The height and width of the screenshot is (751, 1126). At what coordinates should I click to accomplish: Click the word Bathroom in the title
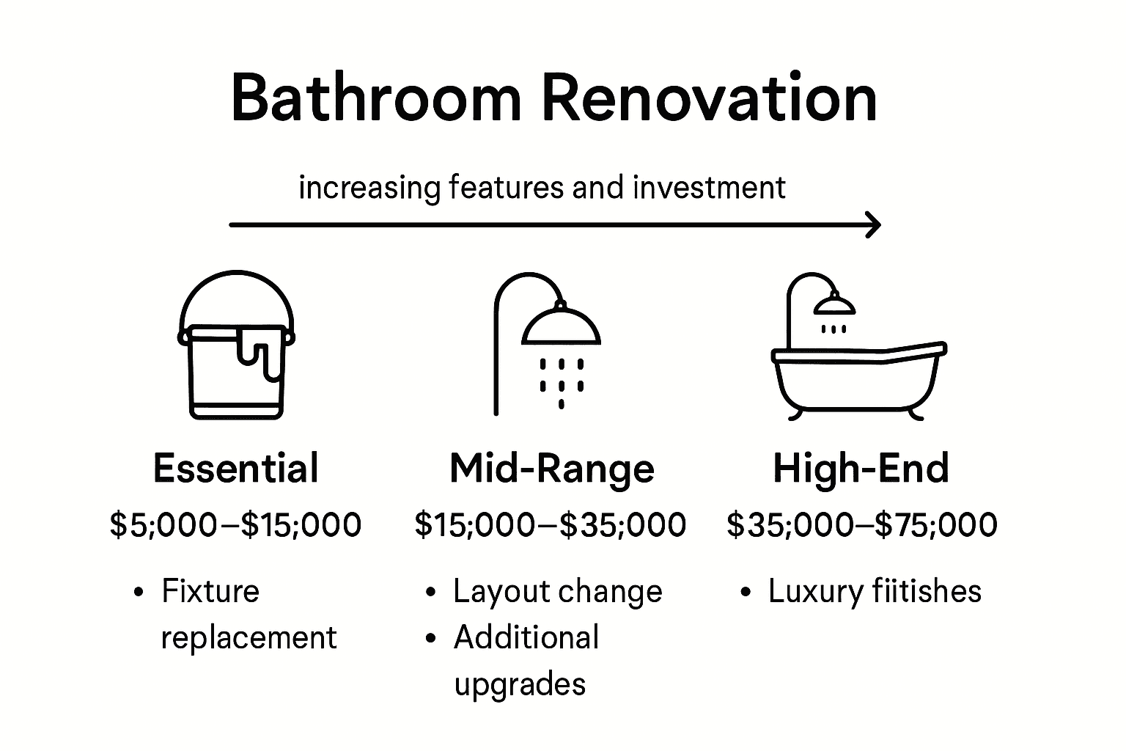(x=376, y=98)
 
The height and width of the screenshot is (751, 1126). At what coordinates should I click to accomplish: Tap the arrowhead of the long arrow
(x=873, y=224)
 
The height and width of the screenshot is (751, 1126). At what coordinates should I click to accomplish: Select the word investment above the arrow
(x=709, y=188)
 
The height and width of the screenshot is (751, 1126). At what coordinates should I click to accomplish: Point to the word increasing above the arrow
(x=369, y=188)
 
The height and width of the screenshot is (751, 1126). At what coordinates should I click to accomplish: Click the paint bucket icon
(x=236, y=345)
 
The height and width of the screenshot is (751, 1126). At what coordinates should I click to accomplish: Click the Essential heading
(x=236, y=468)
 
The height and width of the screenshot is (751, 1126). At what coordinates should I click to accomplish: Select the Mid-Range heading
(x=552, y=468)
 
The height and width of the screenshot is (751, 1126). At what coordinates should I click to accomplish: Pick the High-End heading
(x=861, y=468)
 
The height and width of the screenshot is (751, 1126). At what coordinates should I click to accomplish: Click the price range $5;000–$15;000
(x=236, y=525)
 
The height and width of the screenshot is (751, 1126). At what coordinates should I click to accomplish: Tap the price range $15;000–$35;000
(x=551, y=525)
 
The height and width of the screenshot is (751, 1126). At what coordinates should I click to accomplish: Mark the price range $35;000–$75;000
(x=862, y=525)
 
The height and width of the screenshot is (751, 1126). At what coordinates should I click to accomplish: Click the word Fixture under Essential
(x=210, y=591)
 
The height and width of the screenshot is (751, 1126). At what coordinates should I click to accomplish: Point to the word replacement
(x=249, y=637)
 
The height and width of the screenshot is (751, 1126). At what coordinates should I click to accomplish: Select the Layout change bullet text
(x=557, y=591)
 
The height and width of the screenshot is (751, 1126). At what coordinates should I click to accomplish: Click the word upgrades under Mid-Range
(x=520, y=684)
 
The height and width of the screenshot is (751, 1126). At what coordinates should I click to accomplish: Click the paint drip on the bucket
(x=257, y=352)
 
